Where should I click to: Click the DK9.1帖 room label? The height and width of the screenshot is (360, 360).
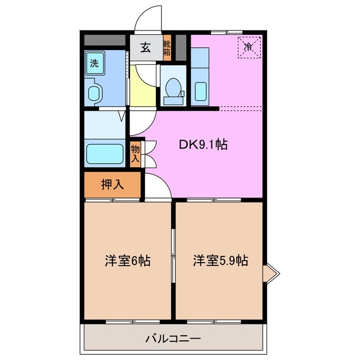pos(203,145)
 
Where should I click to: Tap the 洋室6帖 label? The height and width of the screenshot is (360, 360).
pos(128,261)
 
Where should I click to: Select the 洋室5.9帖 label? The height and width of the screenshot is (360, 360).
pos(220,261)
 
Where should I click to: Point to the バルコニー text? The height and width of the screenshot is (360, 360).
pos(173,339)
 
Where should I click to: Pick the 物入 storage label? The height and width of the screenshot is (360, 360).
pos(136,154)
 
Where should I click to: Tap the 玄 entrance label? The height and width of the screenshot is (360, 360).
pos(145,48)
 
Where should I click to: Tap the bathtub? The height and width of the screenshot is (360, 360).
pos(105,154)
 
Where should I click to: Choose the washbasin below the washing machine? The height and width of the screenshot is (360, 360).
pos(94,92)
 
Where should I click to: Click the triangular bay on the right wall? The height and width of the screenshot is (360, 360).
pos(271,274)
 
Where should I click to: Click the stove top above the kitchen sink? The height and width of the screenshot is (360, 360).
pos(200,60)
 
